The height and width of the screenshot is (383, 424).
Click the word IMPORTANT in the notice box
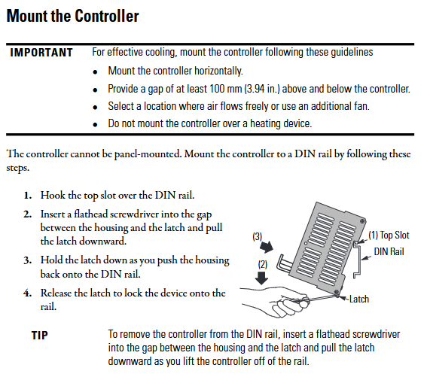(41, 53)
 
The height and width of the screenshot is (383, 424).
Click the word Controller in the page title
(106, 16)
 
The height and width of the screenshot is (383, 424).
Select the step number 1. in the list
(28, 196)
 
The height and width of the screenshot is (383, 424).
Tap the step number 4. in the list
(28, 293)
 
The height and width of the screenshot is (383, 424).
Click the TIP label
(40, 335)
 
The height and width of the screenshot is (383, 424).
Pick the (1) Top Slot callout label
(389, 235)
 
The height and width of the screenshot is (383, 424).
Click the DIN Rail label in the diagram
(389, 252)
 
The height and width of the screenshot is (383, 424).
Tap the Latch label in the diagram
(359, 299)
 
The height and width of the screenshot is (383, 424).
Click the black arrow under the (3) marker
(267, 247)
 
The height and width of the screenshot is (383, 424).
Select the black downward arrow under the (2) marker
(262, 278)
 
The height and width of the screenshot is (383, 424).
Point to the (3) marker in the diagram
(257, 236)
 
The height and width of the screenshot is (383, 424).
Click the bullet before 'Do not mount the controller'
(95, 124)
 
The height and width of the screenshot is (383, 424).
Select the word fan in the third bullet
(361, 106)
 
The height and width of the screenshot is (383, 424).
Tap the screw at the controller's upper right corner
(362, 221)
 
